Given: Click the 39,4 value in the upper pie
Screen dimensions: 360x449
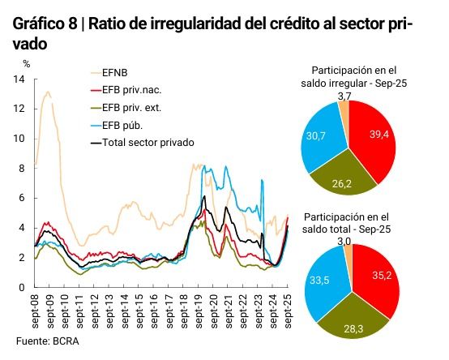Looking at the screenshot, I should click(380, 134).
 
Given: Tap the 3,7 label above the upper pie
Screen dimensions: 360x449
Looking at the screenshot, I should click(344, 96).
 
